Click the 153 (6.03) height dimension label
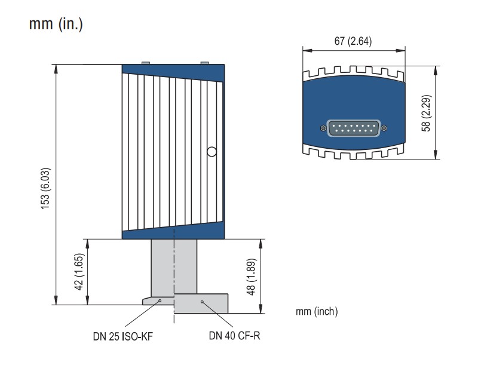(46, 185)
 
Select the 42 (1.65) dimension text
(78, 272)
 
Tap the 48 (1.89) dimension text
(251, 275)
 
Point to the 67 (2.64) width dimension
(354, 41)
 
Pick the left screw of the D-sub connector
(323, 128)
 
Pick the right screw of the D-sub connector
(383, 128)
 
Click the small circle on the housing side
(211, 151)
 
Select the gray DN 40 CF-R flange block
(201, 303)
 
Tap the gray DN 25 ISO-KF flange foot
(157, 300)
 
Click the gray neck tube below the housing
(173, 266)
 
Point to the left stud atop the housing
(145, 62)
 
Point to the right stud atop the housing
(204, 62)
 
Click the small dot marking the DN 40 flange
(203, 302)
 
